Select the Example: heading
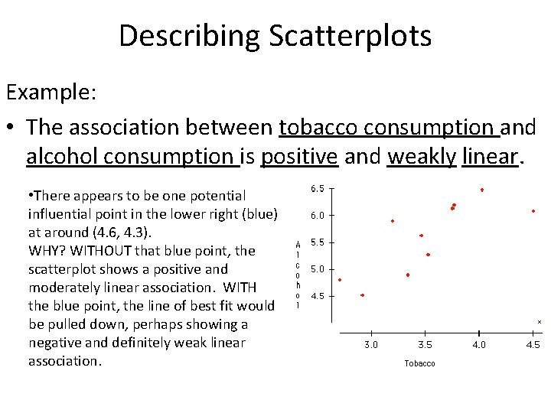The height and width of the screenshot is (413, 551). coord(51,93)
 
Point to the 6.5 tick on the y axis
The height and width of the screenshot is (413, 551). coord(317,188)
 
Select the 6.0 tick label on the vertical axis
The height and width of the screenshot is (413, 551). coord(317,216)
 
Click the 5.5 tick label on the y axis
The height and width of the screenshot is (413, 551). coord(317,242)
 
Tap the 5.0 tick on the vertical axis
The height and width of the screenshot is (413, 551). coord(317,269)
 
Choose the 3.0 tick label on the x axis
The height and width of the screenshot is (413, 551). coord(370,345)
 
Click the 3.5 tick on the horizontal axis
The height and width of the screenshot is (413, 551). coord(425,345)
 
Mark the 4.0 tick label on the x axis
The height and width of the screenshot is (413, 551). coord(479,345)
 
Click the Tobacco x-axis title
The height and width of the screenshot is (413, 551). coord(419,363)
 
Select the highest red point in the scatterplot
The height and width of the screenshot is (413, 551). coord(481,190)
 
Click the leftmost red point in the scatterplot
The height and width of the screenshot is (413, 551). coord(340,280)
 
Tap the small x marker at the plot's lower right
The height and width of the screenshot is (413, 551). coord(540,322)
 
